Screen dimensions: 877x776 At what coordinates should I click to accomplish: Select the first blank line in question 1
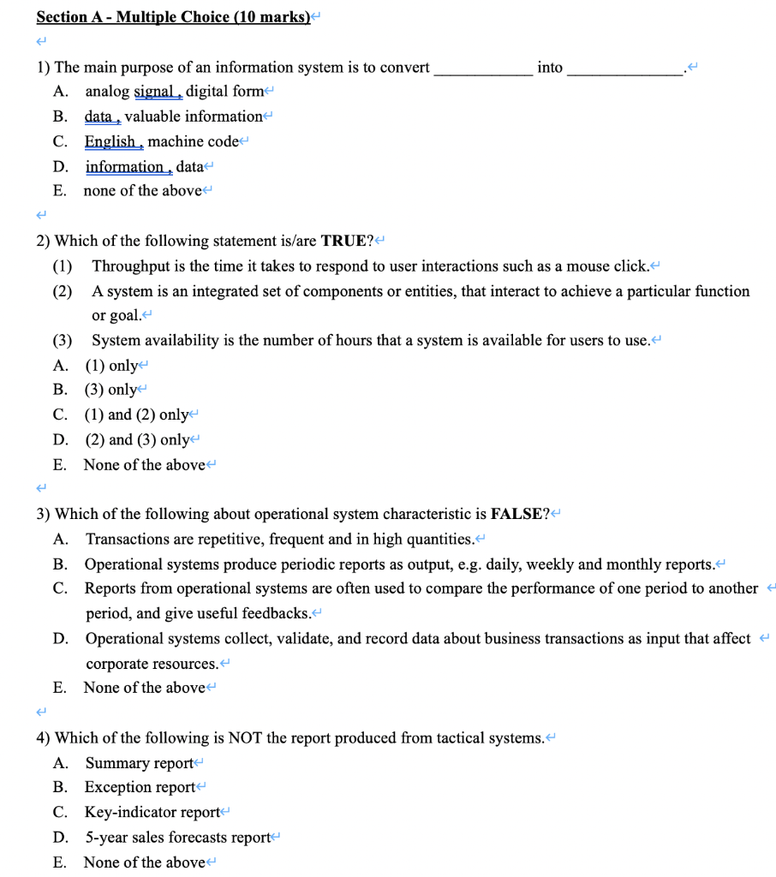point(483,69)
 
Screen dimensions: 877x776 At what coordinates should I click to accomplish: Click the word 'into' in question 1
point(550,67)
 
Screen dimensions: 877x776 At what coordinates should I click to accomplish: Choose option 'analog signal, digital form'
point(176,92)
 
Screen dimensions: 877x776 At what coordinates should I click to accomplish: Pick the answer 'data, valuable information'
point(173,116)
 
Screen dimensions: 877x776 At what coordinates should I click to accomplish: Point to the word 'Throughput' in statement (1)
point(131,265)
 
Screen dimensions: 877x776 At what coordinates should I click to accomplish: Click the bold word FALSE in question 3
point(516,514)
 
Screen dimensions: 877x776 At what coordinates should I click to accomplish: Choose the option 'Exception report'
point(140,787)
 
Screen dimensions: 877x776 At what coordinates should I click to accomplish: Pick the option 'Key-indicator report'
point(152,812)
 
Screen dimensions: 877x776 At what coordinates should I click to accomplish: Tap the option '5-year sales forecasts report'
point(177,837)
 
